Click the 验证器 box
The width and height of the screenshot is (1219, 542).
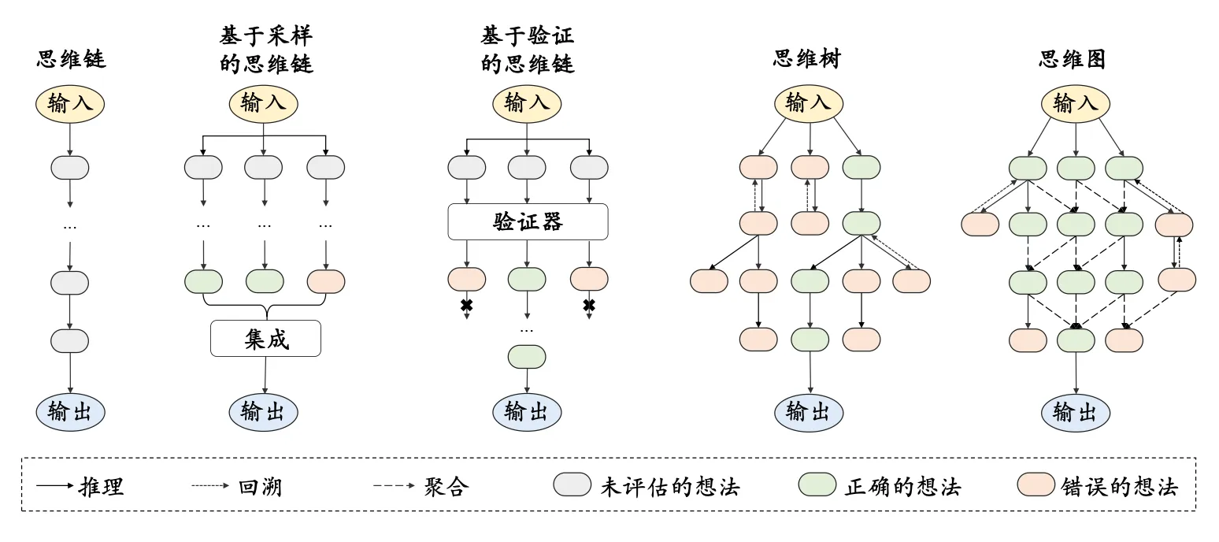pyautogui.click(x=528, y=222)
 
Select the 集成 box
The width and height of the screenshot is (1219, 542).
pyautogui.click(x=265, y=339)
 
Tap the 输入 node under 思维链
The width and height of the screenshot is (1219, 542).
pyautogui.click(x=70, y=103)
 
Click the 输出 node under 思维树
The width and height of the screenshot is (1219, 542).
pyautogui.click(x=808, y=411)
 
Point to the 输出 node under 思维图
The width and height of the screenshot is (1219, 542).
pyautogui.click(x=1076, y=411)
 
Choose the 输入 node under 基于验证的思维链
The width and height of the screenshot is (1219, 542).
pyautogui.click(x=527, y=103)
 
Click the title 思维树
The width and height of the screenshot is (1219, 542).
pyautogui.click(x=807, y=59)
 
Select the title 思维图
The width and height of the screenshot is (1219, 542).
pyautogui.click(x=1073, y=59)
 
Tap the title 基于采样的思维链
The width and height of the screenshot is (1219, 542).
pyautogui.click(x=266, y=50)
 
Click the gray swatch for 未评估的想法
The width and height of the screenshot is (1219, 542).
pyautogui.click(x=572, y=485)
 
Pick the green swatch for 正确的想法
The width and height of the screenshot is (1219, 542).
pyautogui.click(x=817, y=485)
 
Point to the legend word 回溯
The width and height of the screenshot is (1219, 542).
pyautogui.click(x=260, y=486)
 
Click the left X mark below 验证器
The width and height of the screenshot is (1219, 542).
pyautogui.click(x=466, y=305)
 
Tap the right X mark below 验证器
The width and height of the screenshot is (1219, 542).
pyautogui.click(x=588, y=305)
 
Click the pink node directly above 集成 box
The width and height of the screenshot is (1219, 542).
pyautogui.click(x=325, y=281)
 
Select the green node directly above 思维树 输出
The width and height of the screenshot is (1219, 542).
pyautogui.click(x=810, y=340)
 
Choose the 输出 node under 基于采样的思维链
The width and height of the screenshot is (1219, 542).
pyautogui.click(x=263, y=411)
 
